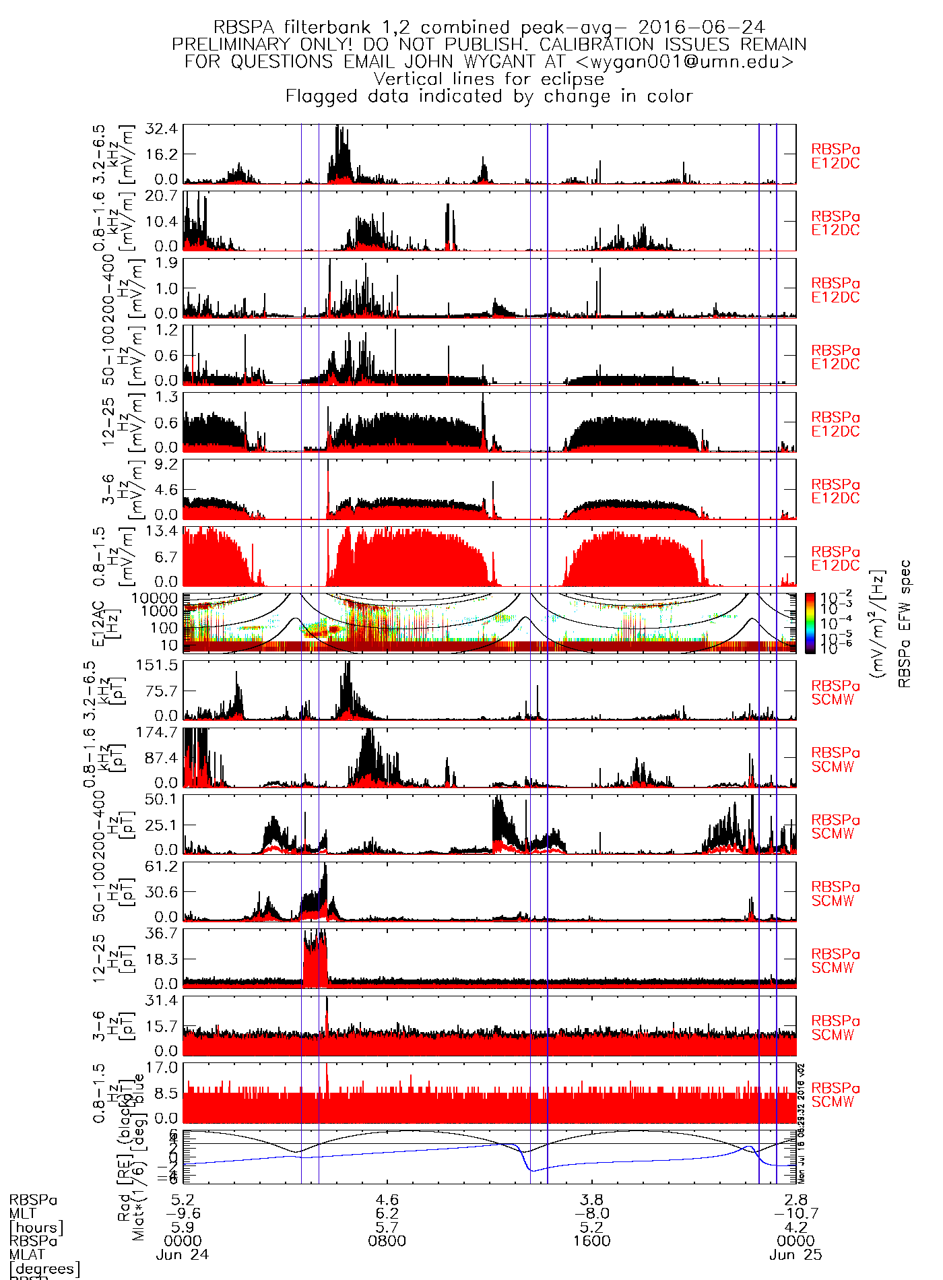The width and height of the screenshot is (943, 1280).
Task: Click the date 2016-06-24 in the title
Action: [x=701, y=28]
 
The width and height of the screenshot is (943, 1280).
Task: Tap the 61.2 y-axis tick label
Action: [x=162, y=866]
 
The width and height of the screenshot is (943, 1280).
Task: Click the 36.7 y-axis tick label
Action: [x=162, y=934]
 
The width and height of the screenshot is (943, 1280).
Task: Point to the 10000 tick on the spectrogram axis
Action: [x=155, y=598]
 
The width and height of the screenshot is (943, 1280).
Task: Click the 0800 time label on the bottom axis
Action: [x=387, y=1241]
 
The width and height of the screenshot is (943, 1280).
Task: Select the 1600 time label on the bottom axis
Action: [x=591, y=1241]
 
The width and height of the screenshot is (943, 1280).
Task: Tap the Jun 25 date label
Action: [x=795, y=1255]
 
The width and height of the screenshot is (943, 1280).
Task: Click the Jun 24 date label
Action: [x=183, y=1255]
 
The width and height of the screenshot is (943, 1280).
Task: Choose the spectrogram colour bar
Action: [x=810, y=623]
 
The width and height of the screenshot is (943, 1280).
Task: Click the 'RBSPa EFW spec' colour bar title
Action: [x=905, y=623]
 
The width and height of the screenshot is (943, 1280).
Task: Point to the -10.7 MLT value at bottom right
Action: [x=795, y=1214]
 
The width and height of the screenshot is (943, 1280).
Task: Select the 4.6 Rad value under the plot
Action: [x=387, y=1200]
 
